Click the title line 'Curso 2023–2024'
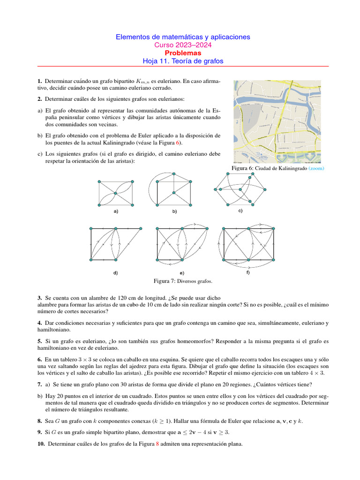click(183, 45)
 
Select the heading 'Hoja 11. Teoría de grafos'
click(183, 61)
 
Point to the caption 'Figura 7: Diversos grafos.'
click(183, 281)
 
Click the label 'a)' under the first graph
click(116, 211)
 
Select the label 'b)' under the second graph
click(174, 212)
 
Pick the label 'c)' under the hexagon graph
click(240, 210)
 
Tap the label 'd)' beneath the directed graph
click(115, 272)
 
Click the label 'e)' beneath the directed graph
click(182, 273)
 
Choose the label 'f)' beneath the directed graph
click(248, 272)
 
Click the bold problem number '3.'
click(40, 298)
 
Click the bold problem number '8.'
click(40, 421)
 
